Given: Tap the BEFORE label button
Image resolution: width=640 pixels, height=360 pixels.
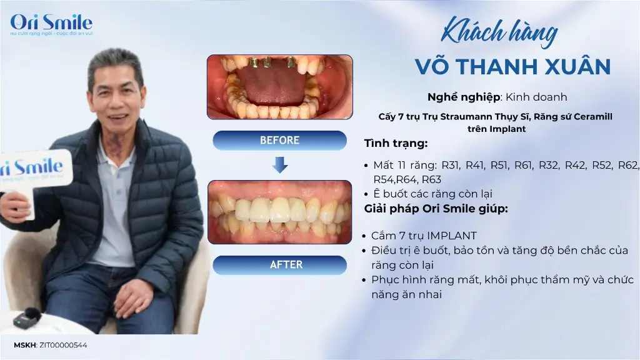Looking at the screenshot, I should coord(279,141).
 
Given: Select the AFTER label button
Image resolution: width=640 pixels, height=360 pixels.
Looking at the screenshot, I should coord(279,265).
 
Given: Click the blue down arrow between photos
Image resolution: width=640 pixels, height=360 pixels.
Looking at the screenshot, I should coord(280,164).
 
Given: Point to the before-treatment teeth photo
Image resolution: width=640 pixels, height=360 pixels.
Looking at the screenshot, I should coord(279,87).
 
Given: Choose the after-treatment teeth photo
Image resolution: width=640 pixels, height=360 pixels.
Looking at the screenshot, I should coord(279,211).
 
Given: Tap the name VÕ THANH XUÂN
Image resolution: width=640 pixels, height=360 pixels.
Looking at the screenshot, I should coord(512,66).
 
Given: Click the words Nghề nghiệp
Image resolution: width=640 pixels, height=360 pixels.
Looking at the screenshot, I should coord(464,97).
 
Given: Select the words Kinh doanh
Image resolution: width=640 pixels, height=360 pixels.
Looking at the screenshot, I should coord(536,97).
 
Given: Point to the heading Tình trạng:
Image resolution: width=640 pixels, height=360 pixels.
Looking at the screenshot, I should coord(396,144).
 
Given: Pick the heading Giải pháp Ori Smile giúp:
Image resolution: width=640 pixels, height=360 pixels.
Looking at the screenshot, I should coord(436,209).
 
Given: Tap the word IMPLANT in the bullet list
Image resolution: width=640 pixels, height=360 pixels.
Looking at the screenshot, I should coord(452,236).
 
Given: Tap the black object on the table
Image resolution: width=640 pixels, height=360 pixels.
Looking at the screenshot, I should coord(27,318).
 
